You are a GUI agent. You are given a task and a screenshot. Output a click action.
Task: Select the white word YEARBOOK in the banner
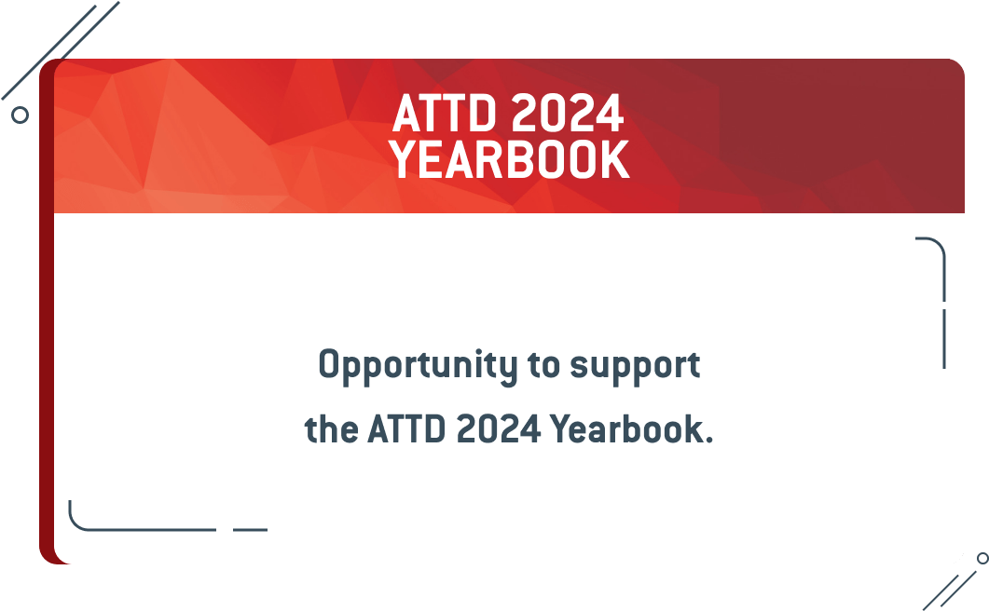[509, 159]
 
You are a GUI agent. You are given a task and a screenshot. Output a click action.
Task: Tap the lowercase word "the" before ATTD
[331, 428]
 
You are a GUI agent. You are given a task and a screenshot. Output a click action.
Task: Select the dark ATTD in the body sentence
[406, 428]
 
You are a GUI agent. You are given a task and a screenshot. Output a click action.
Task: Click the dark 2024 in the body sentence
[499, 428]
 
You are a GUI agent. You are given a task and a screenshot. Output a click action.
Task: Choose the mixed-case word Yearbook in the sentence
[626, 428]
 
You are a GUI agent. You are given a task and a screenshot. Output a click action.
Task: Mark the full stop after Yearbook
[709, 441]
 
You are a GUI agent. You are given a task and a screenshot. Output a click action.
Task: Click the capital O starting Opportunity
[329, 363]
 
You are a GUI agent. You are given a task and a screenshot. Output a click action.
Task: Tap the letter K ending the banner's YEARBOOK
[616, 159]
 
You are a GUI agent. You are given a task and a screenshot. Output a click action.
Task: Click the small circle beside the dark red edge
[21, 115]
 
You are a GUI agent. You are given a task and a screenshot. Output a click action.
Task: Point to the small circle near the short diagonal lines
[982, 558]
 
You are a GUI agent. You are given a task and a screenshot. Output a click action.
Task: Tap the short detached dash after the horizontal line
[251, 530]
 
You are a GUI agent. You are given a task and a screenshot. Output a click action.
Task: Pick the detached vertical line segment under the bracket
[944, 339]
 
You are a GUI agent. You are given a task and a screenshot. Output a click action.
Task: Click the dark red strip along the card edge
[47, 311]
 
